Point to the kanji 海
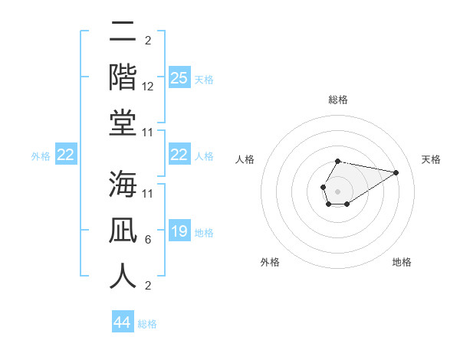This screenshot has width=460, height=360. (123, 185)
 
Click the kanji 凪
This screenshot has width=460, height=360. (123, 231)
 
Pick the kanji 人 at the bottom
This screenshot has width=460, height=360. (123, 275)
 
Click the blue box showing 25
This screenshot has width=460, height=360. (179, 78)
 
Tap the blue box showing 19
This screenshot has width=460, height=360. (179, 231)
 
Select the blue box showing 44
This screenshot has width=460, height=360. (122, 323)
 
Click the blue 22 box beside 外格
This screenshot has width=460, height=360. (65, 155)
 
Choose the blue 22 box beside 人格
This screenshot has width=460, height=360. (179, 155)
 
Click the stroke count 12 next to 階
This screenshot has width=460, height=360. (148, 87)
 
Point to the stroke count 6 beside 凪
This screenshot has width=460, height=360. (147, 240)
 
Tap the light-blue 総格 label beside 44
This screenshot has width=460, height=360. (147, 324)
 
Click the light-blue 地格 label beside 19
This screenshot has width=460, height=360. (204, 232)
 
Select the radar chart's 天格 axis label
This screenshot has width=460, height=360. (431, 159)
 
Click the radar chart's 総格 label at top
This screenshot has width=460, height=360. (337, 100)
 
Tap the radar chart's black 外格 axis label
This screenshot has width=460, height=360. (270, 262)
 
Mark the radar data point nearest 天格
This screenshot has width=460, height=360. (396, 172)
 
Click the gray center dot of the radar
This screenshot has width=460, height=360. (337, 190)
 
